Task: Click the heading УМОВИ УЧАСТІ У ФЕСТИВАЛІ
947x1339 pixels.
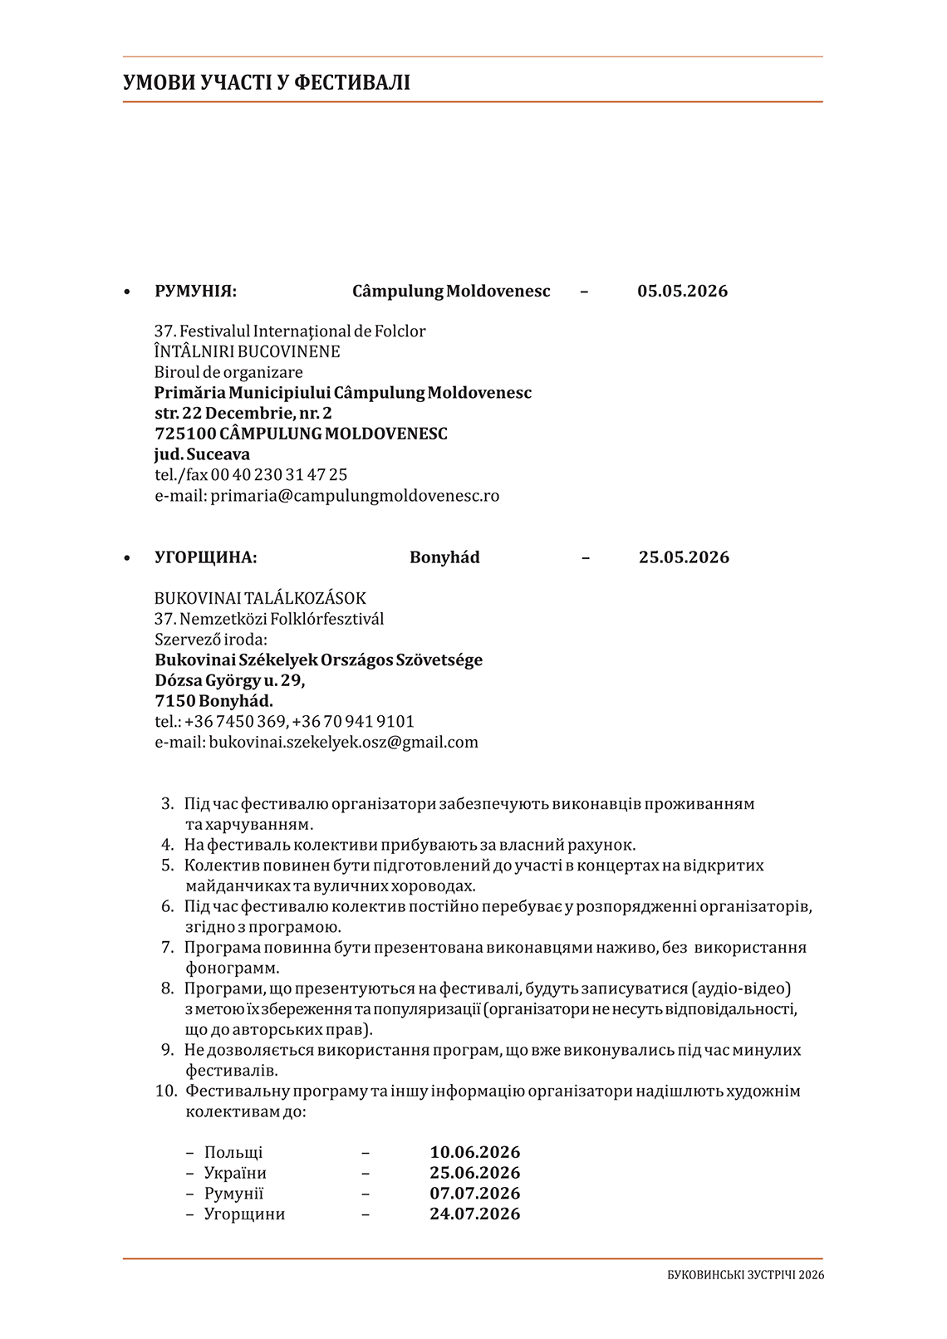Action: (267, 82)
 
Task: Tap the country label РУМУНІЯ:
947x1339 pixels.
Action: (195, 292)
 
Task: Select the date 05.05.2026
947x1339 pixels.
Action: (682, 292)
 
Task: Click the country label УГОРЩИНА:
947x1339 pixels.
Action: (206, 557)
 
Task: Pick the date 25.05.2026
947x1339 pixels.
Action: (684, 557)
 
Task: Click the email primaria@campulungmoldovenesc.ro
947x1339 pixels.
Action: (355, 496)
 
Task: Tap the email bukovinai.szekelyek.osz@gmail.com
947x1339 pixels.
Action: (343, 743)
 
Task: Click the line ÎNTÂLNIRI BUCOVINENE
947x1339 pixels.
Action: (248, 352)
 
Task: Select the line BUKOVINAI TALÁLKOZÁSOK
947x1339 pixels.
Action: (260, 599)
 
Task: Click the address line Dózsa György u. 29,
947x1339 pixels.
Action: (230, 681)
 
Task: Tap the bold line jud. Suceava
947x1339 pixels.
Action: (202, 455)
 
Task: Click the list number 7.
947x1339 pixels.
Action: (167, 948)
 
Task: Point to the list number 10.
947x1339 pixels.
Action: (166, 1091)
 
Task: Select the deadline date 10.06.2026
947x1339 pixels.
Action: (474, 1153)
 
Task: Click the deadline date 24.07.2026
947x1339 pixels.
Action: (474, 1214)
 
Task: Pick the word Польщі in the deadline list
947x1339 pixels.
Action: (233, 1153)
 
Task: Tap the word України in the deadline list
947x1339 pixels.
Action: (235, 1174)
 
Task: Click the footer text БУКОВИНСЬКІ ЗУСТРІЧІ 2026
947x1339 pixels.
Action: (745, 1275)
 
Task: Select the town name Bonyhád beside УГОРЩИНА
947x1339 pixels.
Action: (444, 557)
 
